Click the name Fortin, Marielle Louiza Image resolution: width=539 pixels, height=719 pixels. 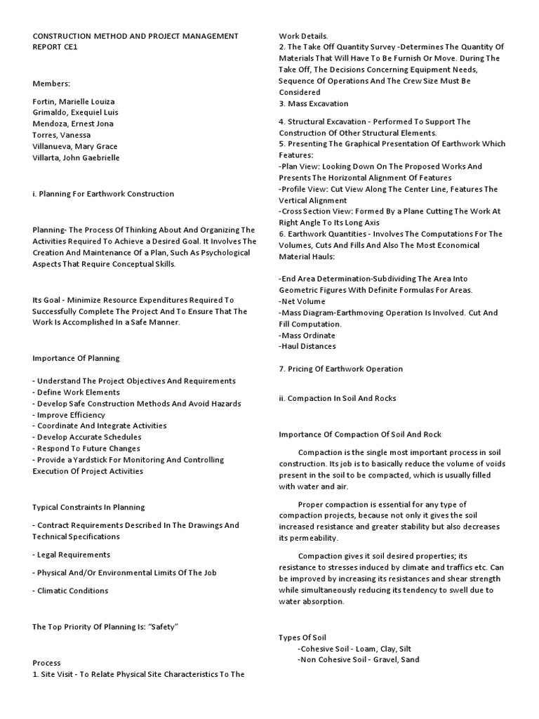pyautogui.click(x=74, y=101)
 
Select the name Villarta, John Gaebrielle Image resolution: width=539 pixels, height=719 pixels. pyautogui.click(x=76, y=158)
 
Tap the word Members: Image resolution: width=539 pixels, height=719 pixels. pyautogui.click(x=51, y=84)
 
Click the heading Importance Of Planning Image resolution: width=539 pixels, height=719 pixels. pyautogui.click(x=76, y=358)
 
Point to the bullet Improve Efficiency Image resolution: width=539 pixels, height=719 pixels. pyautogui.click(x=69, y=414)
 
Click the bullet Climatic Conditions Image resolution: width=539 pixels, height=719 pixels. pyautogui.click(x=70, y=591)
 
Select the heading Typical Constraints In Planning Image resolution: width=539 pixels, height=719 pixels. pyautogui.click(x=88, y=507)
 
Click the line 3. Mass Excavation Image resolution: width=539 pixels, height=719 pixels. pyautogui.click(x=313, y=104)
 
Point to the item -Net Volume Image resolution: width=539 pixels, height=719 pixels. pyautogui.click(x=302, y=301)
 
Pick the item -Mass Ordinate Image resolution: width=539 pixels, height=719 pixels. pyautogui.click(x=307, y=335)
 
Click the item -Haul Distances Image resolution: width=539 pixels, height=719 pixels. pyautogui.click(x=307, y=346)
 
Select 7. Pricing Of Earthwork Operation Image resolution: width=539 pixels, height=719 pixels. pyautogui.click(x=340, y=369)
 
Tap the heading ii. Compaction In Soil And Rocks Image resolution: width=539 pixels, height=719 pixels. pyautogui.click(x=337, y=398)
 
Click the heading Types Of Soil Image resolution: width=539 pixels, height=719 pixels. pyautogui.click(x=302, y=638)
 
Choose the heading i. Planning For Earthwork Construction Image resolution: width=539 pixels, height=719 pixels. pyautogui.click(x=103, y=194)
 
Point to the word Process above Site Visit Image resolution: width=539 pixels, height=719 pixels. pyautogui.click(x=46, y=663)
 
